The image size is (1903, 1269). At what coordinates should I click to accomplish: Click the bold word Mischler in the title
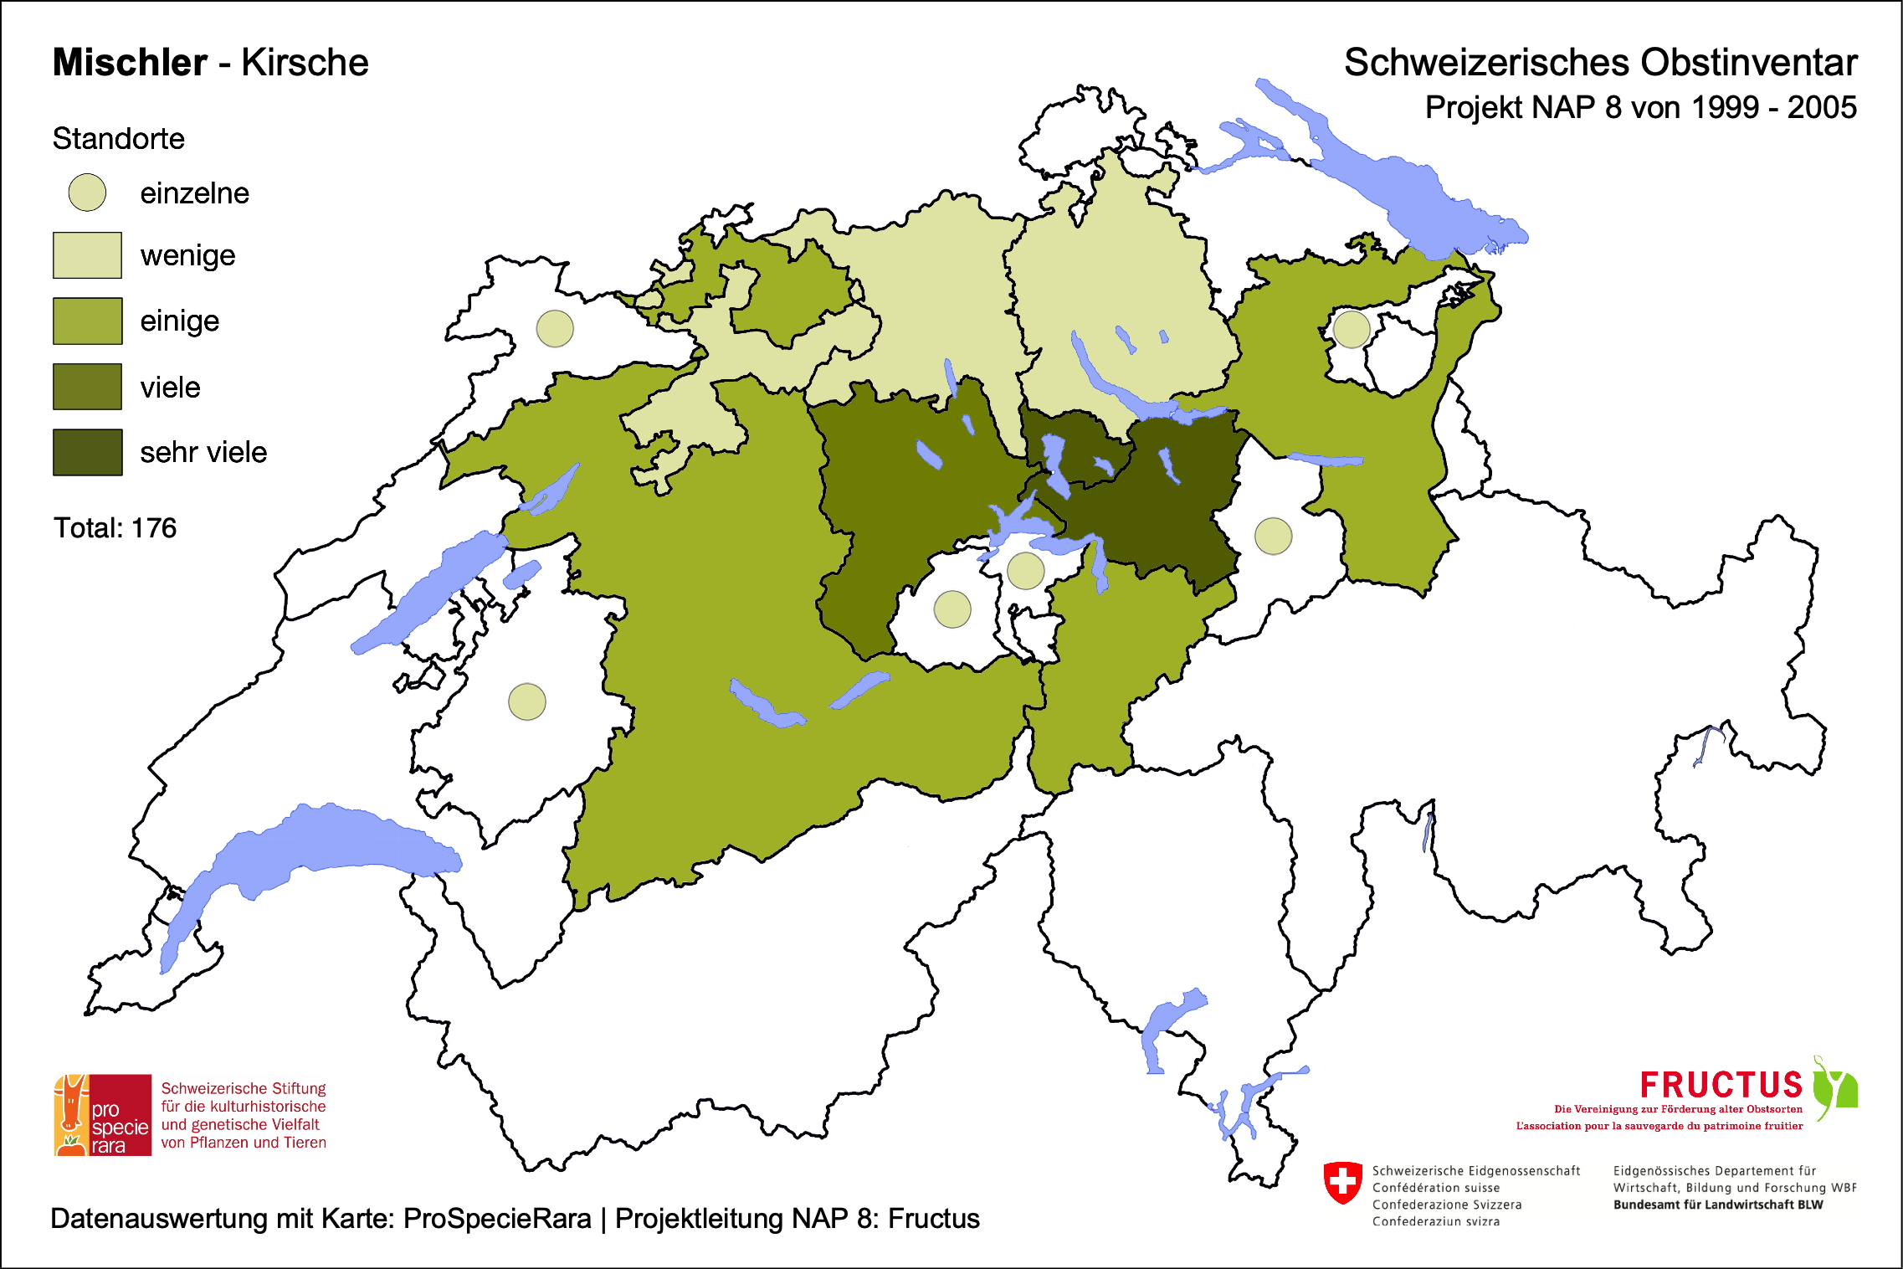click(130, 63)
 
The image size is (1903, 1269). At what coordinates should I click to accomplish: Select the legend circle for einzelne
click(87, 193)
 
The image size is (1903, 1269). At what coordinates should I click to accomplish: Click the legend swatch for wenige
click(87, 255)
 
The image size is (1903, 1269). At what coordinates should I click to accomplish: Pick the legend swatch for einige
click(87, 321)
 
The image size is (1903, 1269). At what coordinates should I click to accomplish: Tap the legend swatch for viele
click(87, 387)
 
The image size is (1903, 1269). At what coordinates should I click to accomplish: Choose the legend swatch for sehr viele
click(87, 452)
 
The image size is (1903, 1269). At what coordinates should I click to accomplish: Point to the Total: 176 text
click(115, 528)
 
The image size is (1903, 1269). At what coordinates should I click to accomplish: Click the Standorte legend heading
click(118, 139)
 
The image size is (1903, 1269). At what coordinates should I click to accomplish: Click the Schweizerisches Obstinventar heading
click(1600, 63)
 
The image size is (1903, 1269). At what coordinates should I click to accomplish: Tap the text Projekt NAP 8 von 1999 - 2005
click(1640, 108)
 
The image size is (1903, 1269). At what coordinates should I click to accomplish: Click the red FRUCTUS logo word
click(1721, 1086)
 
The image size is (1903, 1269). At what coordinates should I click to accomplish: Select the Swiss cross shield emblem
click(1343, 1182)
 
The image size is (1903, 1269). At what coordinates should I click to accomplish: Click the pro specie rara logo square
click(103, 1115)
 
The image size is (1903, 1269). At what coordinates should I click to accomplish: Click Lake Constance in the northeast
click(1414, 193)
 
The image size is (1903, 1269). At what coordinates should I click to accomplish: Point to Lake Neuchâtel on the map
click(427, 590)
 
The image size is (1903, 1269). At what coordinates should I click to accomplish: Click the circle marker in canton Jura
click(555, 329)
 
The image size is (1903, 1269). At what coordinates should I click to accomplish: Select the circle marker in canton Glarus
click(1273, 536)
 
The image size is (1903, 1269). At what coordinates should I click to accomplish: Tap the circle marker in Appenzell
click(1351, 329)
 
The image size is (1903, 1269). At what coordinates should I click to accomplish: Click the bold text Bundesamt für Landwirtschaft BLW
click(1717, 1205)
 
